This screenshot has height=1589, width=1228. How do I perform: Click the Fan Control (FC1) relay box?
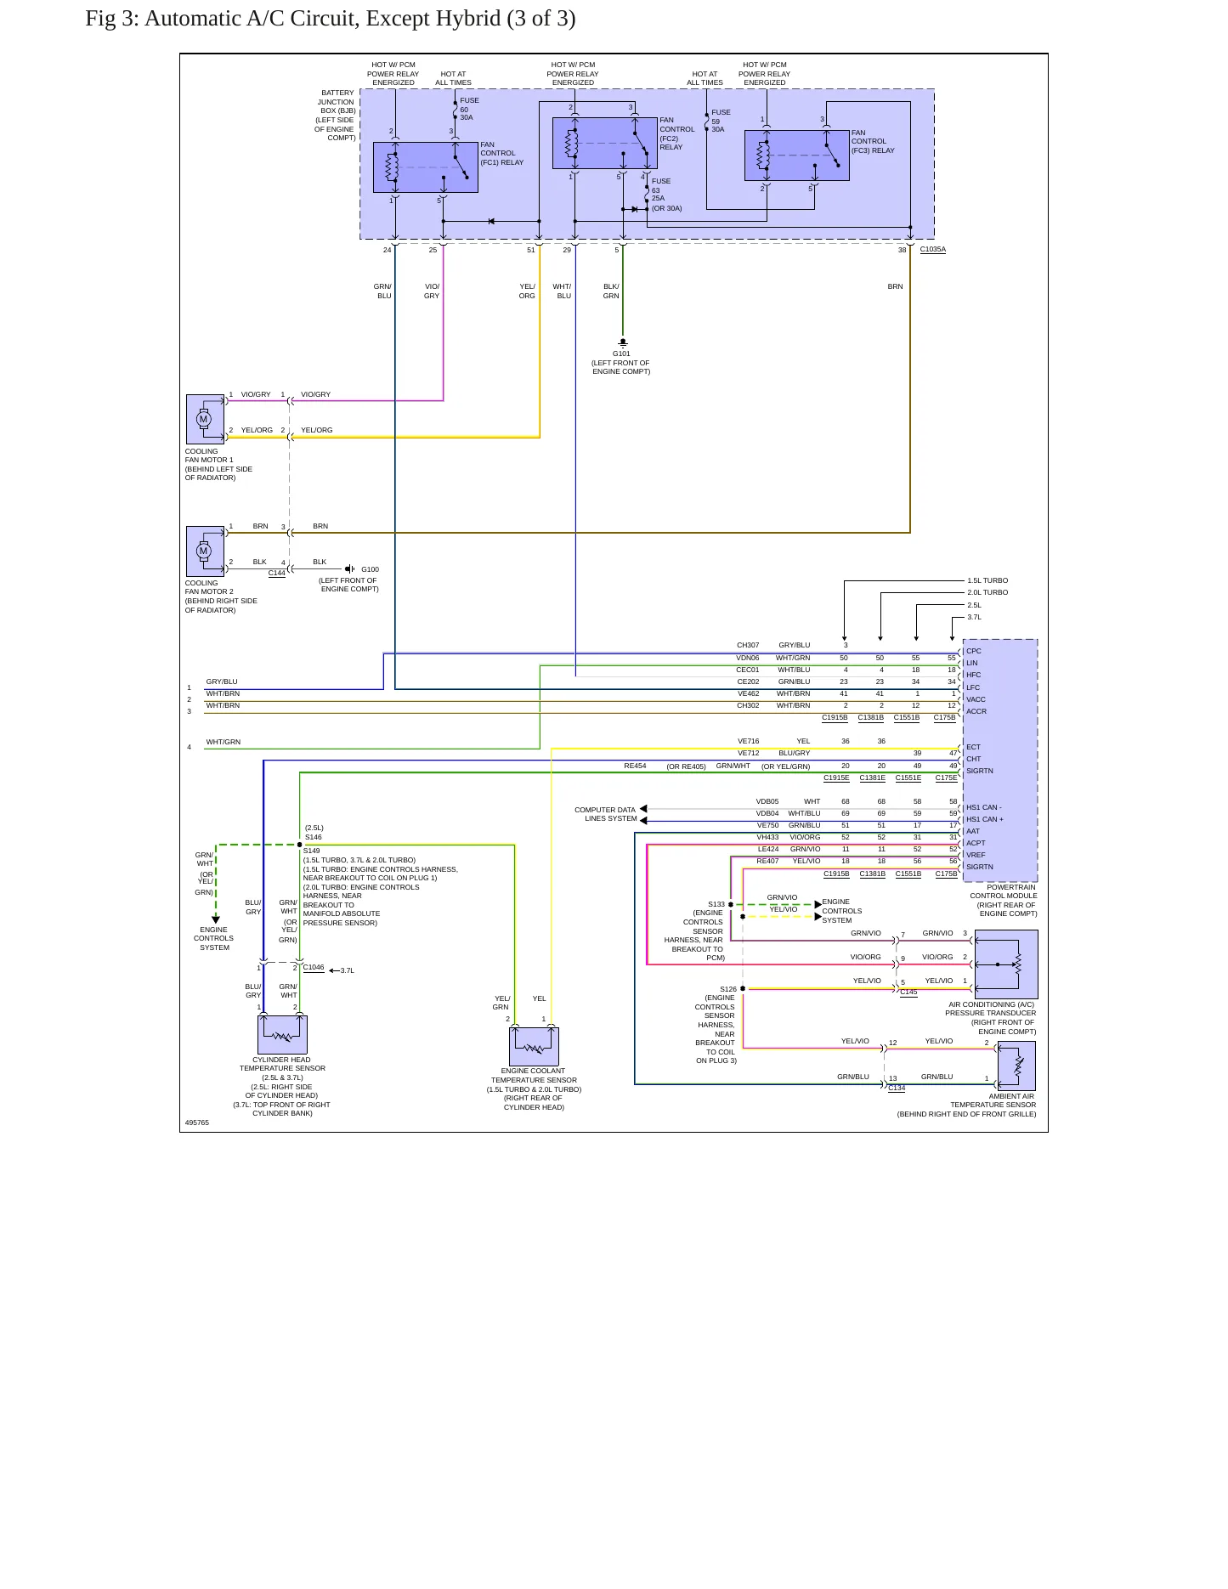click(x=426, y=167)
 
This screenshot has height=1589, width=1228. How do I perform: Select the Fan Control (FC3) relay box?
click(x=797, y=156)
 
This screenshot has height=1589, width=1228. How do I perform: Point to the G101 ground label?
click(x=621, y=353)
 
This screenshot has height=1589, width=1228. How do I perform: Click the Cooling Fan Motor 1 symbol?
click(x=205, y=419)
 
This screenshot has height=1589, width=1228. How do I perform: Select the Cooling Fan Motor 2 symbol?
click(x=205, y=551)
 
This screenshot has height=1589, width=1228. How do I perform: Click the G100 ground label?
click(x=370, y=569)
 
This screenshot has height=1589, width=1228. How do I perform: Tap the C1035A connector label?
click(x=932, y=250)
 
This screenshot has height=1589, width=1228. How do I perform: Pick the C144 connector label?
click(x=277, y=573)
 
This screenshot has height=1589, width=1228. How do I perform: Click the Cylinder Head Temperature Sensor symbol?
click(x=282, y=1035)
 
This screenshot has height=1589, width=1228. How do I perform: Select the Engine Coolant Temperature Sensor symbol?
click(x=534, y=1046)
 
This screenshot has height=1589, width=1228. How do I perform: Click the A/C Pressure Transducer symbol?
click(x=1006, y=964)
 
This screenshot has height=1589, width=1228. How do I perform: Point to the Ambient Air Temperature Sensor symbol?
click(x=1016, y=1066)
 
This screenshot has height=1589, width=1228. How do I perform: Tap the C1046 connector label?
click(x=314, y=967)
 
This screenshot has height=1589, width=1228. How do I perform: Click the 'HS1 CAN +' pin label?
click(x=985, y=819)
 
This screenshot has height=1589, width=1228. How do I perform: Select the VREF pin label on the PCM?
click(x=976, y=855)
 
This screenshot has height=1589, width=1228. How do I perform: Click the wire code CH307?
click(x=748, y=645)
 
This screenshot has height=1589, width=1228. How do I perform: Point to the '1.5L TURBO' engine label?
click(x=987, y=580)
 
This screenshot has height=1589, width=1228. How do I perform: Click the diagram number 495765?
click(x=197, y=1122)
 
